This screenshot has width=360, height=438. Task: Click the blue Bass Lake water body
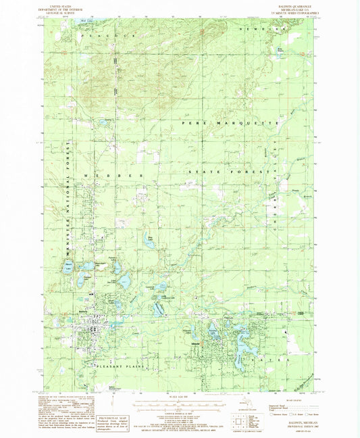click(149, 240)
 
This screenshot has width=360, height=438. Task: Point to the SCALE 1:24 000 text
click(180, 395)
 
